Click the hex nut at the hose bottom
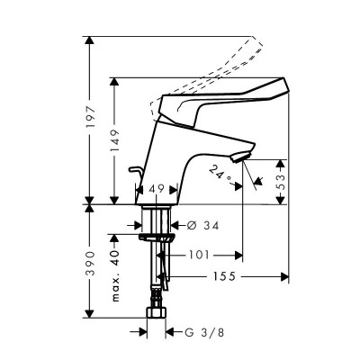click(x=158, y=316)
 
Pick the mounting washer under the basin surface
click(x=157, y=238)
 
